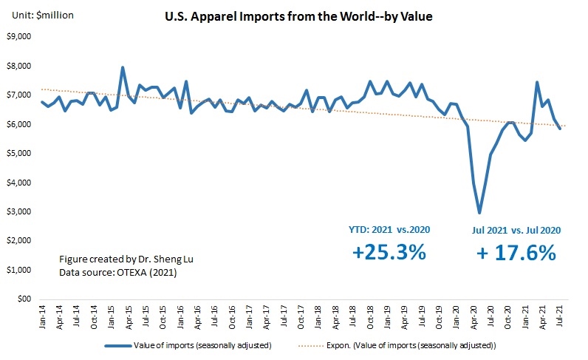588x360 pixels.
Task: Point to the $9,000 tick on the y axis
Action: [19, 36]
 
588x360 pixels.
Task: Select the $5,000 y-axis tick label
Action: [19, 153]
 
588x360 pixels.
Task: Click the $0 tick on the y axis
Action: [24, 299]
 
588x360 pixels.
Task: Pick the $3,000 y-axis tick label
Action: [19, 211]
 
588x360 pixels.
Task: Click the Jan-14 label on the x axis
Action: [41, 315]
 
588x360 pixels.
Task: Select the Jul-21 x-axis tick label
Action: [560, 315]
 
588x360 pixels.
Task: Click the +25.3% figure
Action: [389, 252]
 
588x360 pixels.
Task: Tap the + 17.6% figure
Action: [516, 252]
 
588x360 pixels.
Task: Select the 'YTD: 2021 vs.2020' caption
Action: [388, 229]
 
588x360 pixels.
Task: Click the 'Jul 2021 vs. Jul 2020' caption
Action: [516, 229]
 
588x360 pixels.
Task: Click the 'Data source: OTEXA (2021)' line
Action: [117, 273]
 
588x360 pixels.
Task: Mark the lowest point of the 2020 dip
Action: [479, 212]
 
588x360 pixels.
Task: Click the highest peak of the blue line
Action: [122, 67]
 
